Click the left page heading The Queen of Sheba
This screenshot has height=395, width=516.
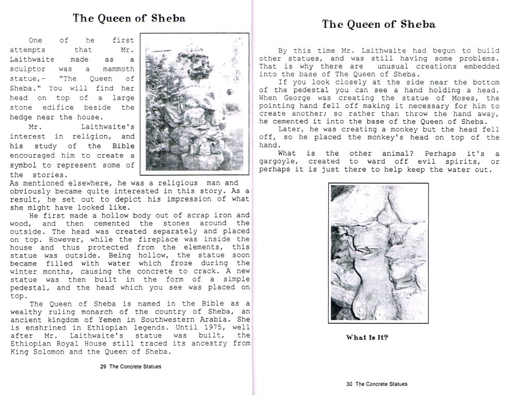click(129, 19)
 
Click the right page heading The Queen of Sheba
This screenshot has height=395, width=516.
click(379, 24)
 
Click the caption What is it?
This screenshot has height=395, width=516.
click(367, 338)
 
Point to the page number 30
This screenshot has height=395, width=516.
click(349, 384)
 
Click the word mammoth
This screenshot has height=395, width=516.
click(118, 69)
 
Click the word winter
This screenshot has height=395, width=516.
click(23, 271)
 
